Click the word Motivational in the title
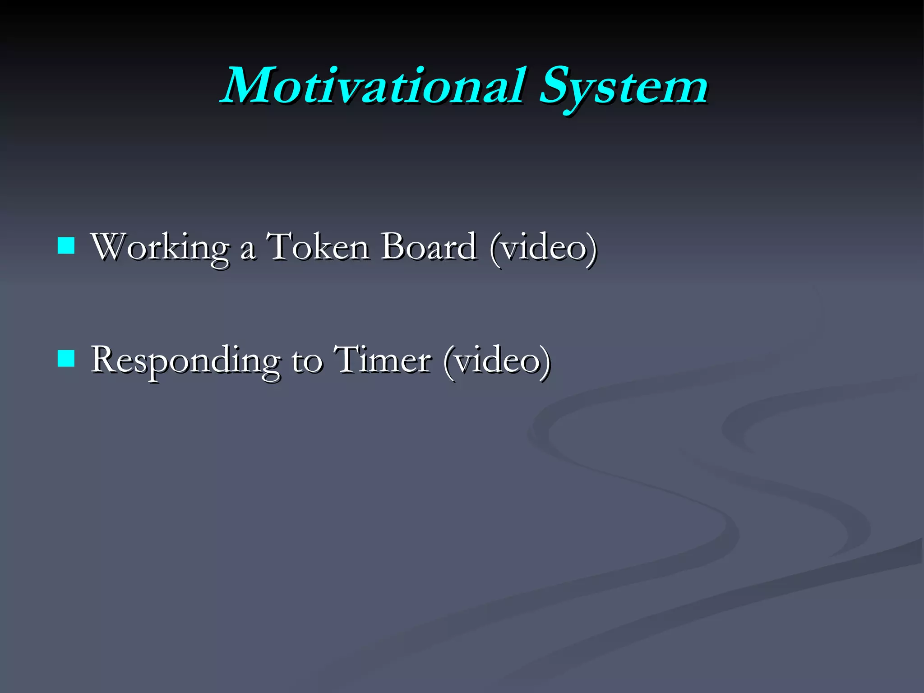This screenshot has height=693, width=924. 374,86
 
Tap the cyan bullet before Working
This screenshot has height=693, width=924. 66,246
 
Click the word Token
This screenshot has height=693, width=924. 318,247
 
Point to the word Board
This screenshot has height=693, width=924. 428,247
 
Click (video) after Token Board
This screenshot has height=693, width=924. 543,248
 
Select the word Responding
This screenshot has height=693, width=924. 185,361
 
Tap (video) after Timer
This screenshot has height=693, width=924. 496,361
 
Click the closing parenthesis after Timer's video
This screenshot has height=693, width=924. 545,362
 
